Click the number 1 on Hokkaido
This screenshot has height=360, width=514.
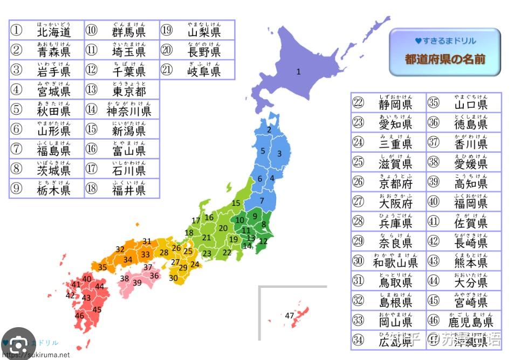click(x=298, y=72)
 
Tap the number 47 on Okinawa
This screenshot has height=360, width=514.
click(x=290, y=316)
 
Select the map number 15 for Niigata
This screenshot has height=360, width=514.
click(x=236, y=203)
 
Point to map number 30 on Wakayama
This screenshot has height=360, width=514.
click(x=173, y=278)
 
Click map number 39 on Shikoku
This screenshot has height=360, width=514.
click(x=137, y=282)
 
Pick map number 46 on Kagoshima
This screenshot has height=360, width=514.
click(x=79, y=316)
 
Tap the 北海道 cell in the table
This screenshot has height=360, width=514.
click(x=53, y=30)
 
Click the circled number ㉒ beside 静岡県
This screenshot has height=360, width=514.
click(x=359, y=102)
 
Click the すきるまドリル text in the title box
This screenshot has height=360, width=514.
click(x=445, y=41)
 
